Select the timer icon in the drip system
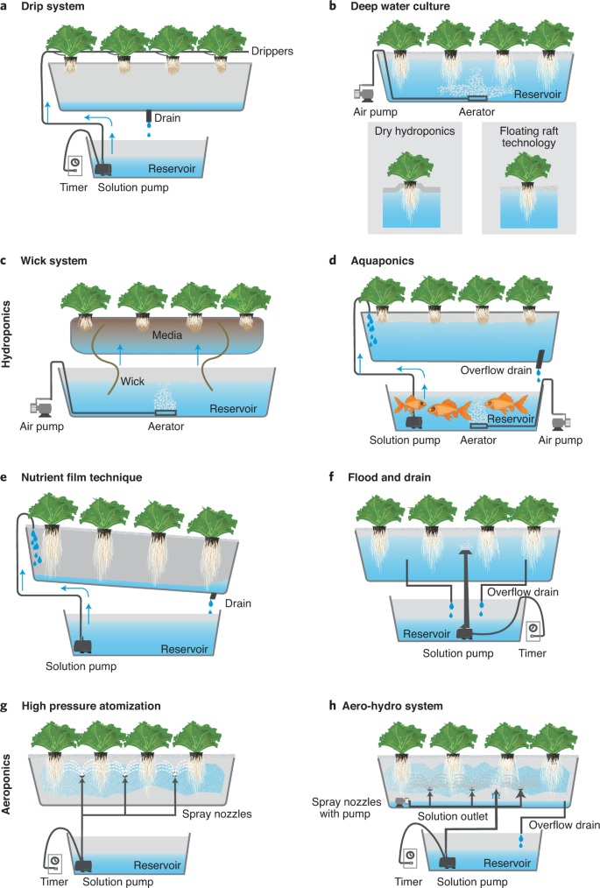coord(75,163)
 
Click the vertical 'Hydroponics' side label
coord(8,335)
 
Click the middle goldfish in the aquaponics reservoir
coord(447,409)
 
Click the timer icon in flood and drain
coord(533,630)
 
